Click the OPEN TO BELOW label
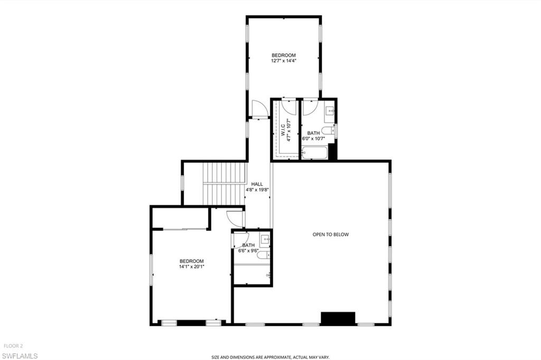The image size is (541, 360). pyautogui.click(x=331, y=234)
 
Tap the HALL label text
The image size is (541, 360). pyautogui.click(x=257, y=184)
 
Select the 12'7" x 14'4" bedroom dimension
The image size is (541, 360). pyautogui.click(x=284, y=61)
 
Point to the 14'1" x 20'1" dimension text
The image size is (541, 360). pyautogui.click(x=191, y=267)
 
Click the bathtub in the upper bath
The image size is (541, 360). pyautogui.click(x=315, y=154)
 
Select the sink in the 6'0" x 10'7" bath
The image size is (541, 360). pyautogui.click(x=330, y=111)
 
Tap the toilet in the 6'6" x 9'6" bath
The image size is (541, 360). pyautogui.click(x=266, y=255)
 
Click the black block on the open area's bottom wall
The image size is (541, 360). pyautogui.click(x=338, y=318)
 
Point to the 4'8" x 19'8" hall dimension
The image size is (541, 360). pyautogui.click(x=257, y=190)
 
